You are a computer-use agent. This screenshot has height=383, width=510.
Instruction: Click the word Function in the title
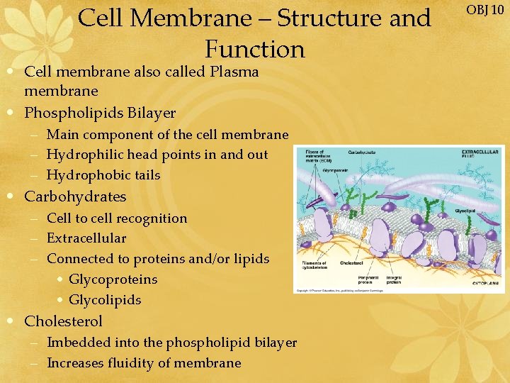255,49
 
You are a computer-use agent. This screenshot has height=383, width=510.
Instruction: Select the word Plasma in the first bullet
234,72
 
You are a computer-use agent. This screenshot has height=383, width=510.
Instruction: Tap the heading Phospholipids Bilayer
100,113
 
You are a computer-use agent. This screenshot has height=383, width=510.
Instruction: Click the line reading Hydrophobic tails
103,175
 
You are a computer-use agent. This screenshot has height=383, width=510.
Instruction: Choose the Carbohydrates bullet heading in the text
75,196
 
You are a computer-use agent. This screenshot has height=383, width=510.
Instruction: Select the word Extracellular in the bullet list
86,238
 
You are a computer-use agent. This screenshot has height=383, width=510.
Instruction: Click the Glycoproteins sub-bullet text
113,279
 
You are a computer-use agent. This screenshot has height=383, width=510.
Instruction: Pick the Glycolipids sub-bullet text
105,300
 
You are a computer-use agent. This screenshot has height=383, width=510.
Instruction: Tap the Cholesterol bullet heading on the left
63,321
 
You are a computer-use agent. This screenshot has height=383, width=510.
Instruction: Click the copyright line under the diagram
340,291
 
